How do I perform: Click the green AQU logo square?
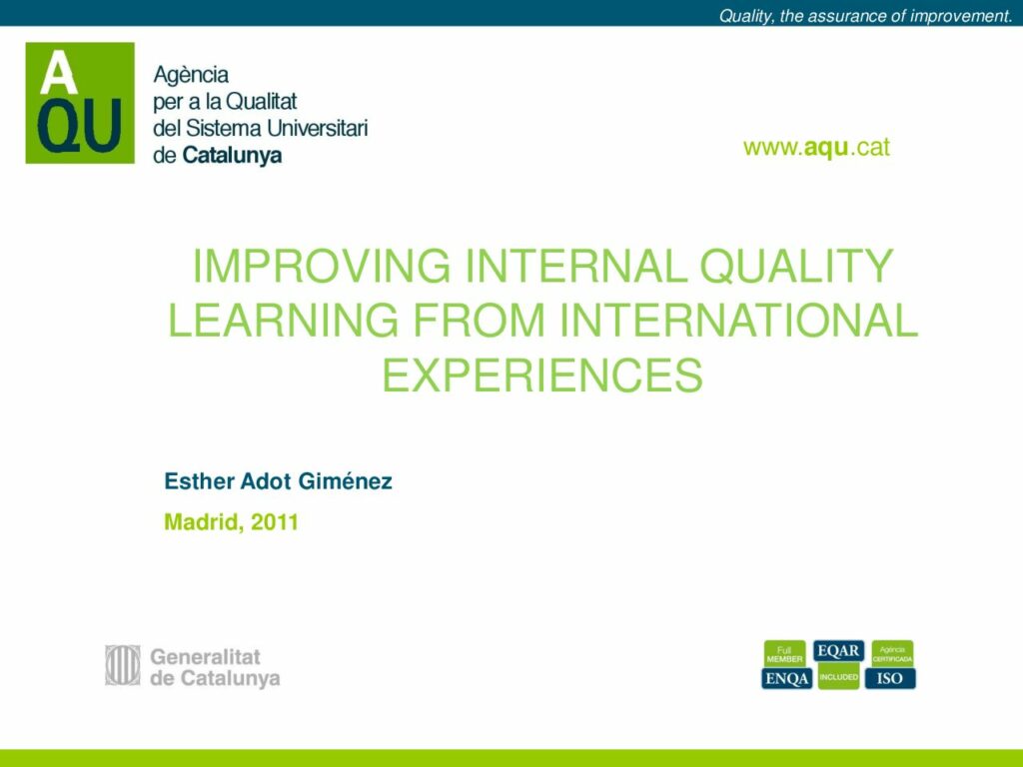point(80,103)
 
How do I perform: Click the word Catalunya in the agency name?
point(232,156)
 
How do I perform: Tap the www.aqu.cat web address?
point(816,148)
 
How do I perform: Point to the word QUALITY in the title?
point(796,266)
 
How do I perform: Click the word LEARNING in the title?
point(283,321)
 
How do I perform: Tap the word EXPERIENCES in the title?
point(542,376)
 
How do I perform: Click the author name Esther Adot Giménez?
point(278,481)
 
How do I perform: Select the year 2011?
point(275,521)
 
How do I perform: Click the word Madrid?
point(204,522)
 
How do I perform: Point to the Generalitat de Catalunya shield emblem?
point(123,665)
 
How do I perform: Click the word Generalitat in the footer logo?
point(205,656)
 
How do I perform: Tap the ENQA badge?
point(787,678)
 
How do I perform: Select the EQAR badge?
point(838,651)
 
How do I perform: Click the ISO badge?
point(890,678)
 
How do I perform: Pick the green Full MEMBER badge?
point(785,654)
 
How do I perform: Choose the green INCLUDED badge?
point(838,676)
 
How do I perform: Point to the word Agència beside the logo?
point(191,75)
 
